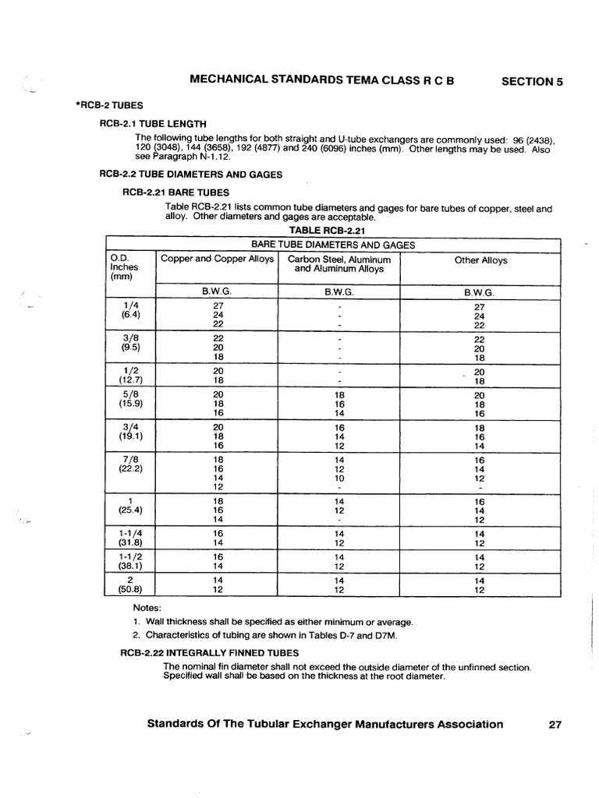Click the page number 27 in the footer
555,724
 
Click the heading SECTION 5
531,81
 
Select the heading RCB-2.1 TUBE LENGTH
153,123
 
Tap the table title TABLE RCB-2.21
327,231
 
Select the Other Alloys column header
480,260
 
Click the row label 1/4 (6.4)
130,310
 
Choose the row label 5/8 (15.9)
130,399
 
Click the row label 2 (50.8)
130,584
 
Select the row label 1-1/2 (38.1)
130,562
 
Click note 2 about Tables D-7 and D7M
265,637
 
